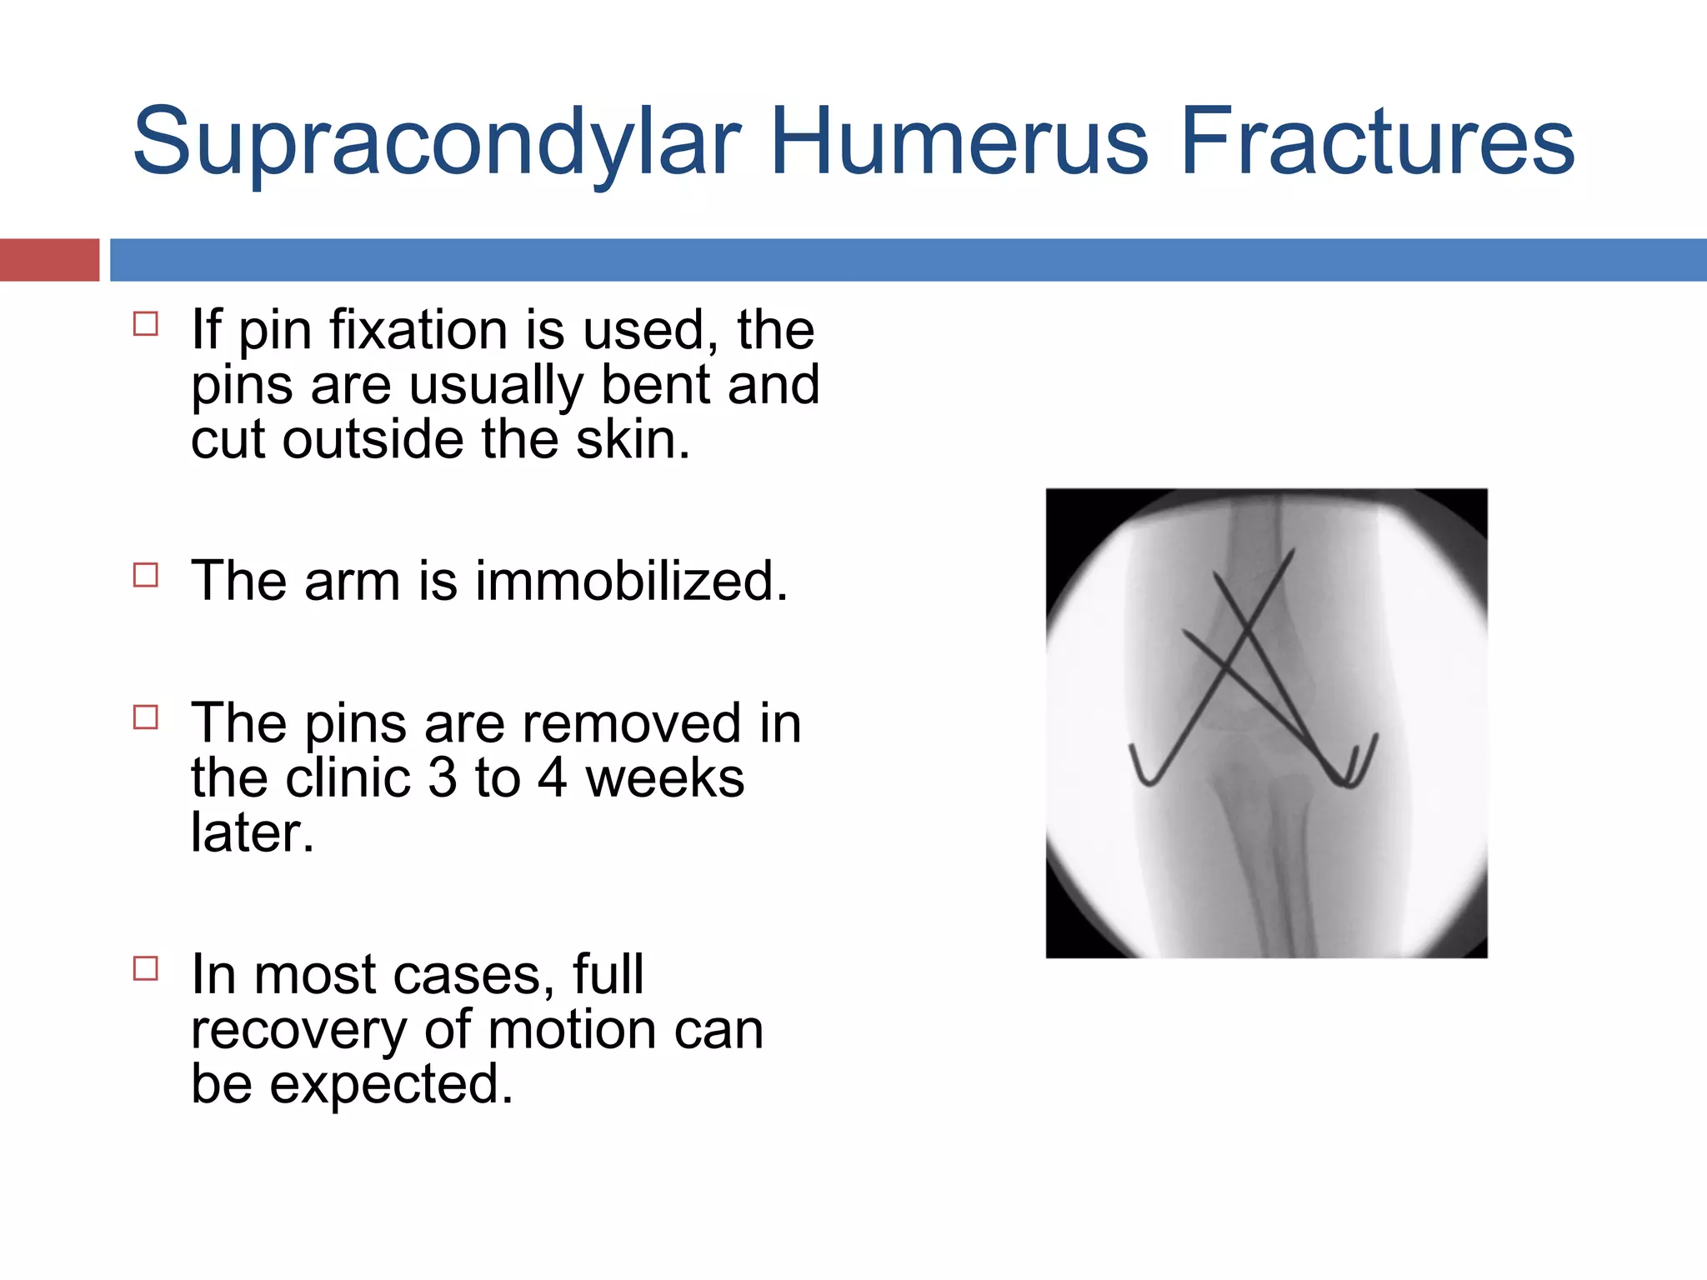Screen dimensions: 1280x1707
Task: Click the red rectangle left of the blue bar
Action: point(49,260)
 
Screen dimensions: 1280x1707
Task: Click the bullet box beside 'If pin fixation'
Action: point(146,323)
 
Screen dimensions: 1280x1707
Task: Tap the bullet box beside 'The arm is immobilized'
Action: point(146,575)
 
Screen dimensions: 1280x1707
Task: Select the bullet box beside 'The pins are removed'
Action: point(146,717)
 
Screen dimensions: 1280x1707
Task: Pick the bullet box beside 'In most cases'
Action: point(146,968)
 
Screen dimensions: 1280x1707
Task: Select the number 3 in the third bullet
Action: point(442,778)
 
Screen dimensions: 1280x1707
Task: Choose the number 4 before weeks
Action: point(553,778)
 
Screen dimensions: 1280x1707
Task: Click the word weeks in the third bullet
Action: point(664,778)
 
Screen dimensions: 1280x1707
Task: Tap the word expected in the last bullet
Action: point(391,1084)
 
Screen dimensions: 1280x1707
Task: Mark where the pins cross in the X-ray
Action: point(1248,637)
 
